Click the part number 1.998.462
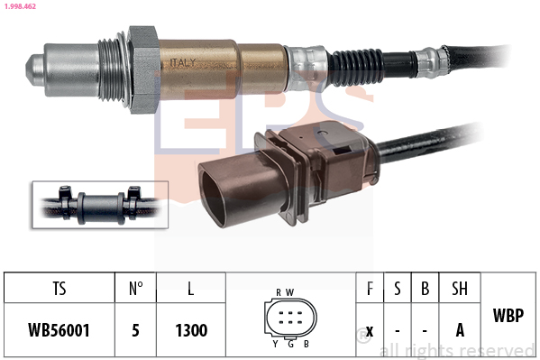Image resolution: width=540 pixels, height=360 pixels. (20, 6)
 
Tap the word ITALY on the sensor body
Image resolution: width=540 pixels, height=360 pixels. (182, 63)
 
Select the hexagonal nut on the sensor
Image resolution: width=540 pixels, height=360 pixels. (143, 69)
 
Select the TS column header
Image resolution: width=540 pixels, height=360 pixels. (59, 289)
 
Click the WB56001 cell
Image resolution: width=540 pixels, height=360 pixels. (59, 330)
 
